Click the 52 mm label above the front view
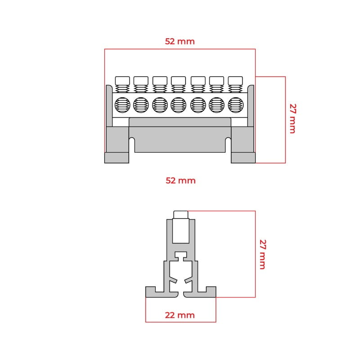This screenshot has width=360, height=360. (x=180, y=41)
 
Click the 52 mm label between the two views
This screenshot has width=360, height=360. (x=181, y=180)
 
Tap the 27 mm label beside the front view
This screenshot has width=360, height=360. (x=293, y=118)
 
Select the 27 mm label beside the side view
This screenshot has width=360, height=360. (x=263, y=254)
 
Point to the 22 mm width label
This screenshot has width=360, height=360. (x=180, y=315)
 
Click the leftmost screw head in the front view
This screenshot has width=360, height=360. (x=122, y=81)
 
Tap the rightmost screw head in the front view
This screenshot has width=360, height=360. (x=235, y=81)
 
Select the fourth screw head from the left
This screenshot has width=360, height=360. (x=178, y=81)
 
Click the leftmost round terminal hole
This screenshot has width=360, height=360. (x=122, y=105)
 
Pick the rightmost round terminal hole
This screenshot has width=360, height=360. (x=235, y=105)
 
